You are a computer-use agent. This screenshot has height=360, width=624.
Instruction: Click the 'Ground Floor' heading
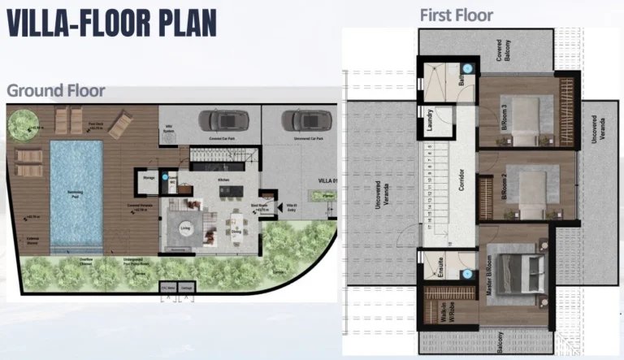pos(55,91)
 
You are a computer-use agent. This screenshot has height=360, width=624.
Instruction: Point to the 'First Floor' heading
pos(456,15)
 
